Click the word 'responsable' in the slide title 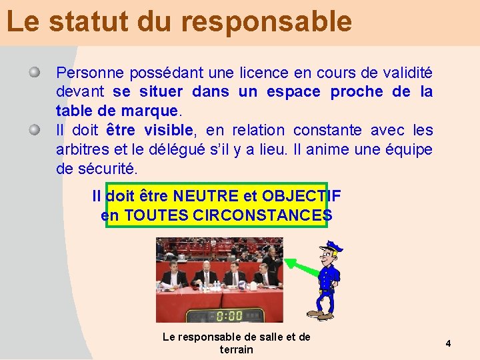tap(266, 22)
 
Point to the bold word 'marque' tap(153, 111)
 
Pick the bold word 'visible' tap(169, 130)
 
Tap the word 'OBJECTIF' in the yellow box tap(301, 196)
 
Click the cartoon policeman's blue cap tap(331, 247)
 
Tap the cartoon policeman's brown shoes tap(319, 314)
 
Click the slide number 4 tap(449, 343)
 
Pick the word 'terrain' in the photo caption tap(237, 349)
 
